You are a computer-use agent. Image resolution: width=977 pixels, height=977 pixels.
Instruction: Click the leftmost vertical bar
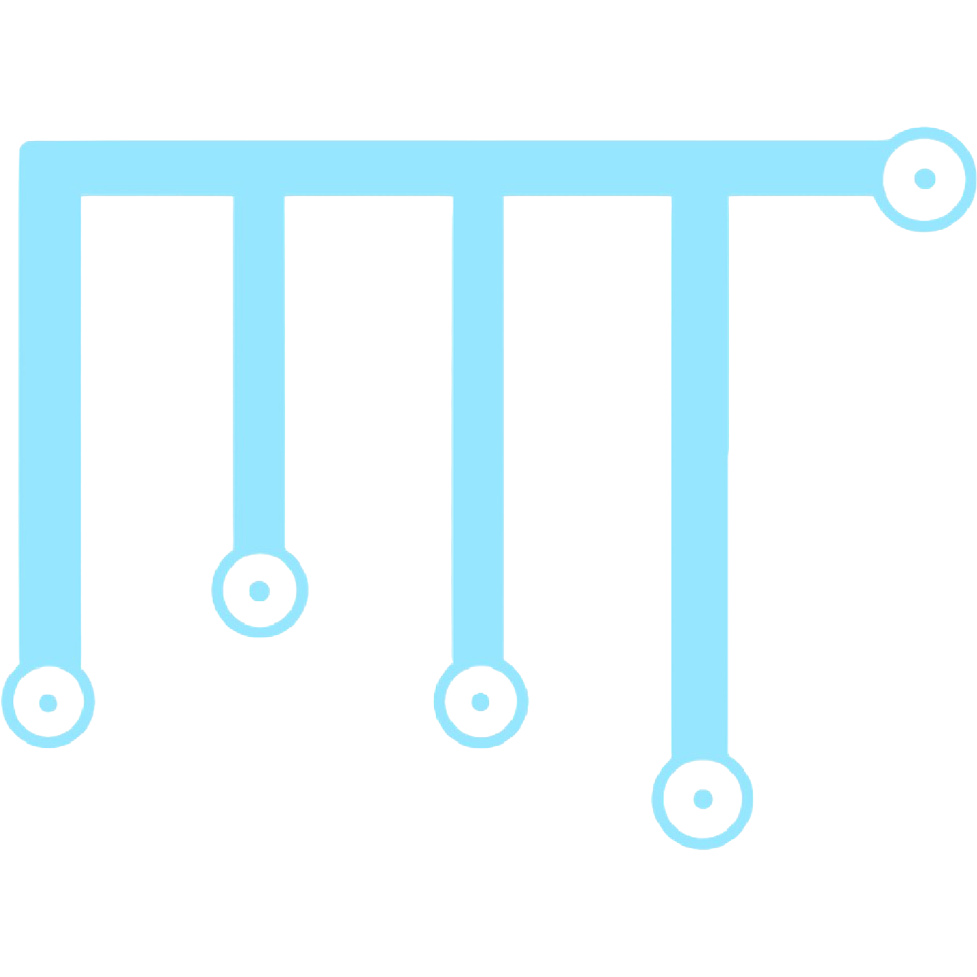(50, 430)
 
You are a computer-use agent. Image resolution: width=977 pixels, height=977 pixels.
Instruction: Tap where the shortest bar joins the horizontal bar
(259, 168)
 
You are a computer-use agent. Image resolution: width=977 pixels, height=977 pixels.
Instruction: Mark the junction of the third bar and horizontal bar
(478, 168)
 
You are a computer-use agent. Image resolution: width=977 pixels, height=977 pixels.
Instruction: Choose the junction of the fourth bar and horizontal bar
(700, 168)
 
